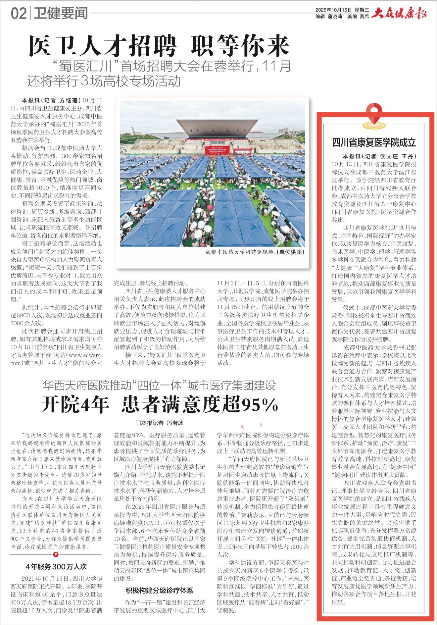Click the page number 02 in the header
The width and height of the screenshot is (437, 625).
(19, 14)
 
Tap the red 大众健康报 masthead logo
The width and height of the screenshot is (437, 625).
(399, 13)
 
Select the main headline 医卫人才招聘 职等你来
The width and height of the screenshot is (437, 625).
(159, 46)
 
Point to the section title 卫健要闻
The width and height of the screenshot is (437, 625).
(61, 14)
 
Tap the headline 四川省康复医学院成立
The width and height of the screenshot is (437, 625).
(374, 142)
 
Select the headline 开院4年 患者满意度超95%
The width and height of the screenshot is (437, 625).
(160, 404)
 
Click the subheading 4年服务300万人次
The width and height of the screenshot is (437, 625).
(56, 566)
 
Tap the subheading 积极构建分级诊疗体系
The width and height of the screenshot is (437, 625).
(159, 590)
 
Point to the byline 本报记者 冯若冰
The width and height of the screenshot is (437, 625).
(160, 423)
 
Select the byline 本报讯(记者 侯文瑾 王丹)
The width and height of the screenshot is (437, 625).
(379, 156)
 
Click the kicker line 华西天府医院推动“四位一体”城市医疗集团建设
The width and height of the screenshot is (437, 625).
(159, 385)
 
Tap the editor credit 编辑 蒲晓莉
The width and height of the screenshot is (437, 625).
(328, 17)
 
